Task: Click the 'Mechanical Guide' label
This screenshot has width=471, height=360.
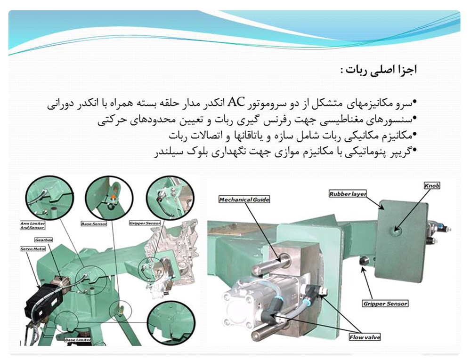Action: click(244, 200)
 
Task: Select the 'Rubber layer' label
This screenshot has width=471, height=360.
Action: click(348, 193)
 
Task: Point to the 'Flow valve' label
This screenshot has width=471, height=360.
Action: click(365, 337)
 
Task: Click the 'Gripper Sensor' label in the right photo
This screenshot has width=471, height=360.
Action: click(385, 304)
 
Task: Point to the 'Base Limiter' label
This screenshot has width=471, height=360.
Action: click(78, 339)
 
